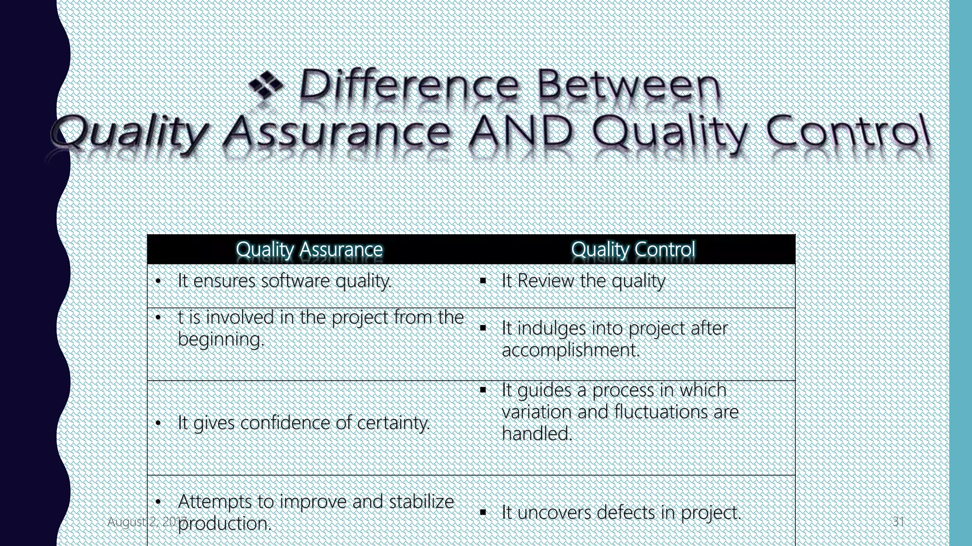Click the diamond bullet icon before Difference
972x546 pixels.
point(266,84)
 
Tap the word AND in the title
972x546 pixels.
point(520,131)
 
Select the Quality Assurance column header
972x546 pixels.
point(309,249)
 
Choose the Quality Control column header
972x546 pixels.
point(633,249)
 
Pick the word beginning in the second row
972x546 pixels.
point(221,339)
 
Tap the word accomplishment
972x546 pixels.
point(570,350)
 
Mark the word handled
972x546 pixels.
point(537,433)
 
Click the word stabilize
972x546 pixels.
point(421,501)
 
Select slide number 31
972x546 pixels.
point(898,522)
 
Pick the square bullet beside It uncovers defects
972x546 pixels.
point(483,512)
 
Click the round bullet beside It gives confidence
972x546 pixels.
point(159,423)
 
